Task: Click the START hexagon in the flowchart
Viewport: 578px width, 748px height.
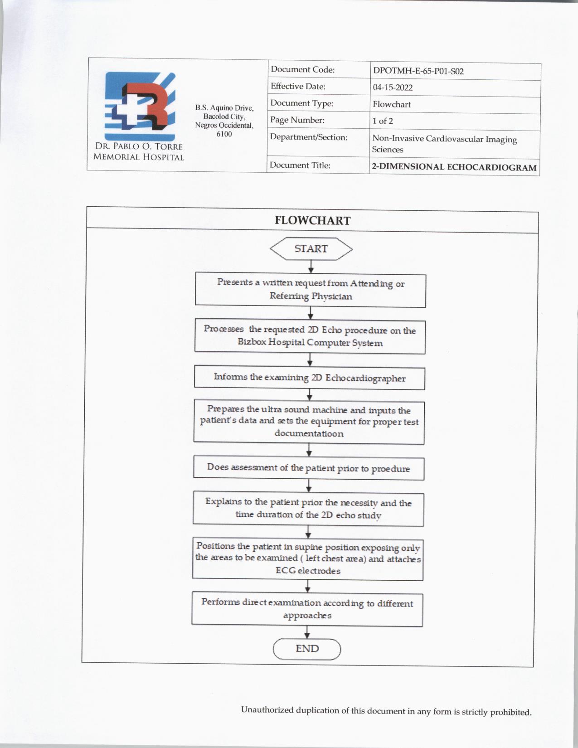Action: tap(311, 249)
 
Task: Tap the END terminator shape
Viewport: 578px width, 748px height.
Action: tap(307, 649)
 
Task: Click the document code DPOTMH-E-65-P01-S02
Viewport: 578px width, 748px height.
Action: tap(418, 71)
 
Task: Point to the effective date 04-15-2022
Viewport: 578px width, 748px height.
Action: tap(393, 87)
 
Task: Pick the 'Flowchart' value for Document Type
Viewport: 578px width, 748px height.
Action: tap(392, 104)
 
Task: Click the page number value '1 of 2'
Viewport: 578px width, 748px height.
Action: tap(383, 121)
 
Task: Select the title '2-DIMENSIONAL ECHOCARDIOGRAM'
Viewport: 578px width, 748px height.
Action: tap(454, 167)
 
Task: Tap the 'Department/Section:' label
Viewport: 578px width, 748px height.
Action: tap(309, 137)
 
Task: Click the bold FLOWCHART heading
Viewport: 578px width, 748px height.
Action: tap(312, 221)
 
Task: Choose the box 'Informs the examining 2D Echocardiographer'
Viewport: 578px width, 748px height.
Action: tap(310, 378)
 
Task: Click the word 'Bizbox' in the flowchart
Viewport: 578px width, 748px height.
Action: tap(252, 342)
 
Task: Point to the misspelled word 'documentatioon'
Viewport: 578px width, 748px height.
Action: tap(309, 433)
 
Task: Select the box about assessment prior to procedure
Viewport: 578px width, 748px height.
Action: tap(309, 468)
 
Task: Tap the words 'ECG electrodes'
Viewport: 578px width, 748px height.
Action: tap(308, 571)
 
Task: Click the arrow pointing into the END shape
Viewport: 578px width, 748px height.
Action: tap(307, 633)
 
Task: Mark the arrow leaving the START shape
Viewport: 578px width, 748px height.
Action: tap(311, 267)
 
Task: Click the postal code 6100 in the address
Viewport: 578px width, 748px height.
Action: tap(224, 134)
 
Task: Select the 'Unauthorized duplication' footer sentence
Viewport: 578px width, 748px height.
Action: tap(386, 711)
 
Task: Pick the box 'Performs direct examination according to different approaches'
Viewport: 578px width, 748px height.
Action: tap(307, 609)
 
